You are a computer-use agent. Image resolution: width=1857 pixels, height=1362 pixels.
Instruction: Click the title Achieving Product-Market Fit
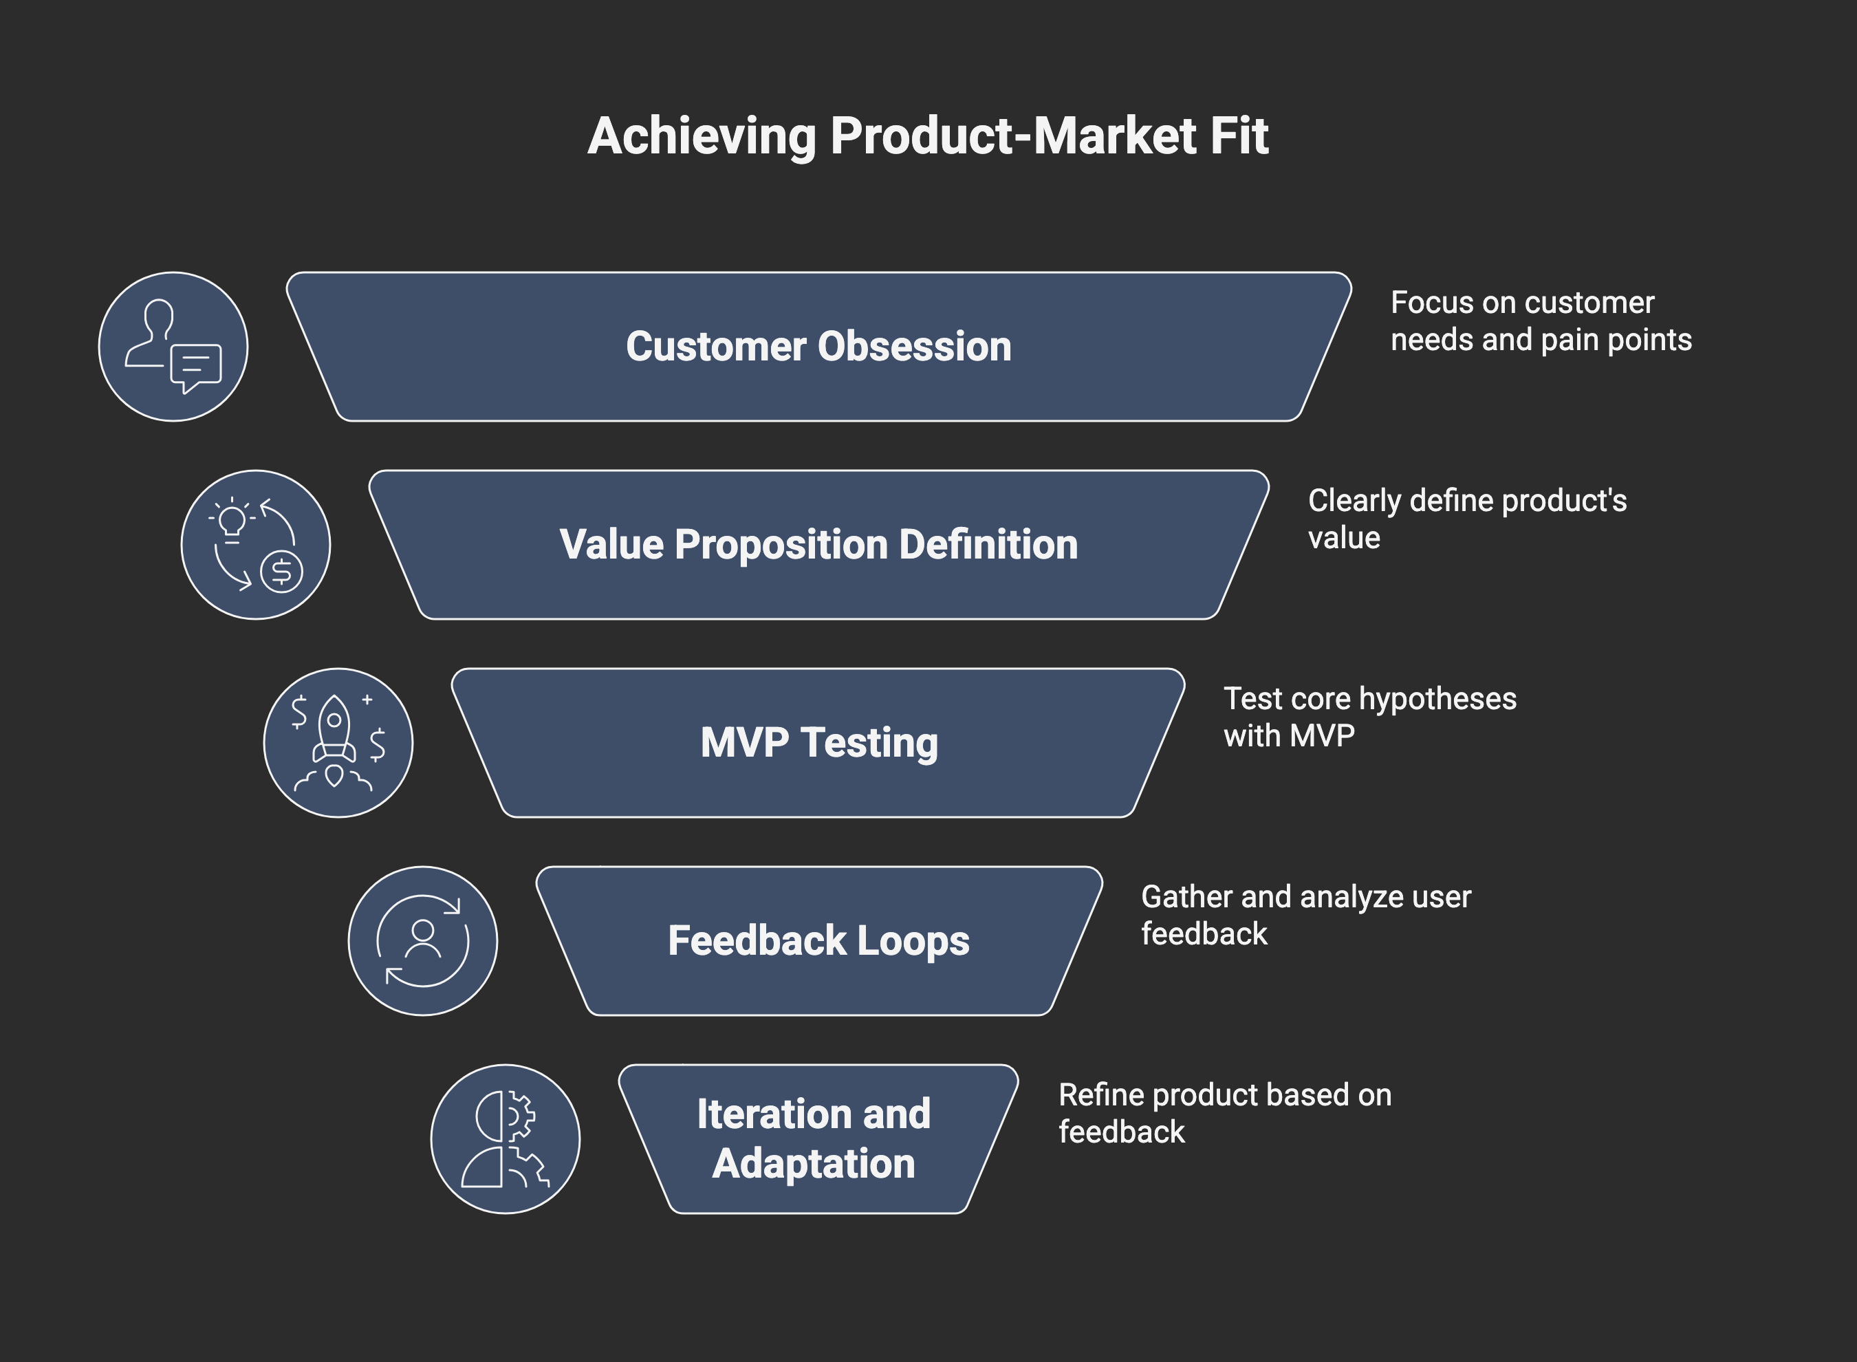(x=927, y=136)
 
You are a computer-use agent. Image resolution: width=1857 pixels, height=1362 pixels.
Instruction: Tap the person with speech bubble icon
(x=173, y=346)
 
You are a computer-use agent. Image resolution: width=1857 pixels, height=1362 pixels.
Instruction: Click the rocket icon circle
(x=338, y=743)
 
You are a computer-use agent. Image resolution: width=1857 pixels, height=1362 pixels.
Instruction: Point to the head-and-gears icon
(x=506, y=1139)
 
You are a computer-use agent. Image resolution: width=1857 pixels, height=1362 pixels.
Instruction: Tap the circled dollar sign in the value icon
(x=282, y=570)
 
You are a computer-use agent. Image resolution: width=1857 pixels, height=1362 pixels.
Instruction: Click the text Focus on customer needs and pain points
(x=1540, y=321)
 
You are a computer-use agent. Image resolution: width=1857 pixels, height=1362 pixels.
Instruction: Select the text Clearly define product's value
(x=1467, y=519)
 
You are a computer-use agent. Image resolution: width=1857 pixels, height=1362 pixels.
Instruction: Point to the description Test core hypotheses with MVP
(x=1369, y=717)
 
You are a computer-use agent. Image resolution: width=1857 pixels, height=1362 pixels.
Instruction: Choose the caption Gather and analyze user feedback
(x=1305, y=914)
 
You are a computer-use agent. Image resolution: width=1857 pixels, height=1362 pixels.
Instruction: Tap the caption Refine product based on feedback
(x=1225, y=1113)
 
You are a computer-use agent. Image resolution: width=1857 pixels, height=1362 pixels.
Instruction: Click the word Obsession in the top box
(x=914, y=346)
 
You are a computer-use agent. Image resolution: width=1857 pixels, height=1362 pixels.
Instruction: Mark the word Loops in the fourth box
(x=913, y=941)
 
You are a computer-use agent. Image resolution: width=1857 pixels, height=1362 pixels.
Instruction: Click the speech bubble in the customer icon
(x=196, y=365)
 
